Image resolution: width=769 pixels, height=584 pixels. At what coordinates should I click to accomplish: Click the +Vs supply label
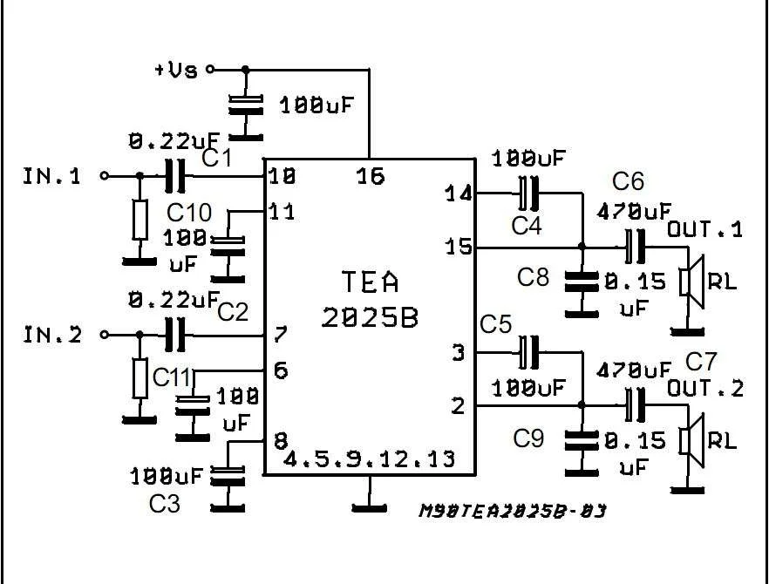(176, 70)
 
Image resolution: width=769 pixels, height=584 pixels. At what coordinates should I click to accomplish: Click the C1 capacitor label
(217, 159)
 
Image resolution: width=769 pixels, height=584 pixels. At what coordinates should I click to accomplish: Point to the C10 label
(189, 212)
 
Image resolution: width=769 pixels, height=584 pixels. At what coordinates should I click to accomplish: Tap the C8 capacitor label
(533, 277)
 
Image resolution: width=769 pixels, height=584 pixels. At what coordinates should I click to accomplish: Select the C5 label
(495, 324)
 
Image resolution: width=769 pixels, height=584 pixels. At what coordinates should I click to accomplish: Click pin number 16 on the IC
(371, 177)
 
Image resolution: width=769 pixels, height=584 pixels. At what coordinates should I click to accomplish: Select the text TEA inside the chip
(371, 282)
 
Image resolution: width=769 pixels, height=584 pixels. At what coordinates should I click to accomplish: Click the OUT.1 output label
(705, 229)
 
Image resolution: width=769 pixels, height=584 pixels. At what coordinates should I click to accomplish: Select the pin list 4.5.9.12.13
(369, 458)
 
